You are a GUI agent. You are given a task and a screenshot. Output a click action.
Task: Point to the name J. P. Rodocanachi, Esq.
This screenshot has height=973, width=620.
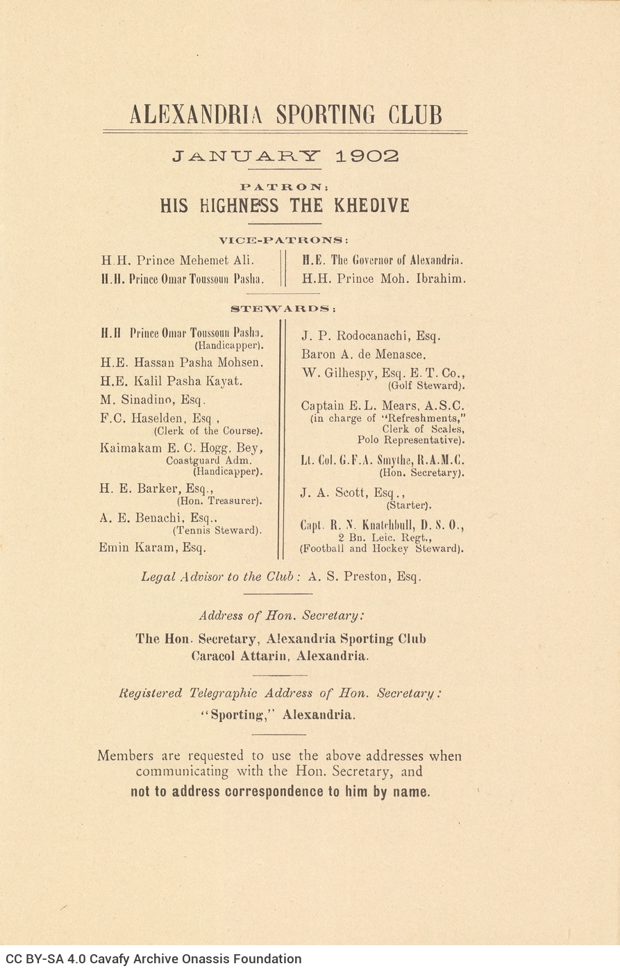(371, 336)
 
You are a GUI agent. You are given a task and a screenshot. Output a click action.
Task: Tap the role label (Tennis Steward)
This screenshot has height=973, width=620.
(217, 530)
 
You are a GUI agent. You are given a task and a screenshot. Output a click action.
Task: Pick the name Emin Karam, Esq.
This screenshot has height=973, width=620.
(153, 548)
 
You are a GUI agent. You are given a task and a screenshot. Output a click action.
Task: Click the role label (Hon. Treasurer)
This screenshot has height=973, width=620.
(219, 500)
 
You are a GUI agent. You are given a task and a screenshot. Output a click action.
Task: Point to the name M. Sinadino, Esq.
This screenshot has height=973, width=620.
(153, 400)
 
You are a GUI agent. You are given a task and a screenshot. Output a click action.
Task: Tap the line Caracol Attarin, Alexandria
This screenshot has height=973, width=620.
(280, 656)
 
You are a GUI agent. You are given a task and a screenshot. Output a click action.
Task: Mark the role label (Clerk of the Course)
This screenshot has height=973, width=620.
(208, 430)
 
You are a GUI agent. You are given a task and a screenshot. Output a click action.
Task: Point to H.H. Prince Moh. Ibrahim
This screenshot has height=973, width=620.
(383, 279)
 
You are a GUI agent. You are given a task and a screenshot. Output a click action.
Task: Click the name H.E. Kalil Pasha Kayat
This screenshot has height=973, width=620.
(171, 382)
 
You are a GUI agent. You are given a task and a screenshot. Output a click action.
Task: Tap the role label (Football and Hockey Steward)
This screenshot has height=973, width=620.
(381, 548)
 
